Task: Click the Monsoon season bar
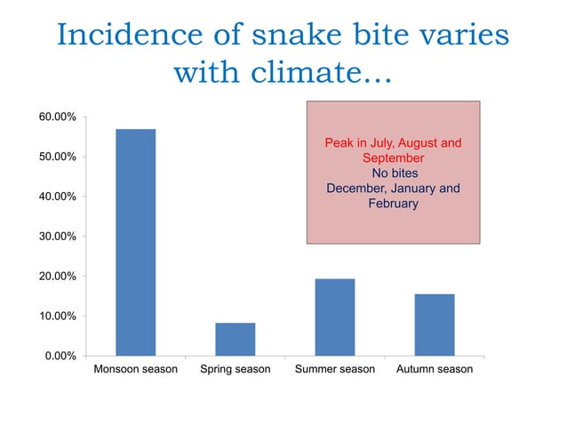coord(136,243)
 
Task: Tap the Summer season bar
coord(335,317)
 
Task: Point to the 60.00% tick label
coord(55,116)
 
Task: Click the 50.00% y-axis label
coord(55,156)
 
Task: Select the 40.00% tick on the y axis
coord(55,196)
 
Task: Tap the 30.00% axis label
coord(55,237)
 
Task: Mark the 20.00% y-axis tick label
coord(55,277)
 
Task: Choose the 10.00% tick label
coord(55,317)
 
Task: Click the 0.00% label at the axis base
coord(58,357)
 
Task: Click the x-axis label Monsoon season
coord(136,369)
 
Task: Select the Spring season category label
coord(236,369)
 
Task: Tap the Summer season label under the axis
coord(335,369)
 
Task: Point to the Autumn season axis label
coord(435,369)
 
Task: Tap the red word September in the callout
coord(393,157)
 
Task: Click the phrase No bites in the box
coord(393,172)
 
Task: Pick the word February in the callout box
coord(393,204)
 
